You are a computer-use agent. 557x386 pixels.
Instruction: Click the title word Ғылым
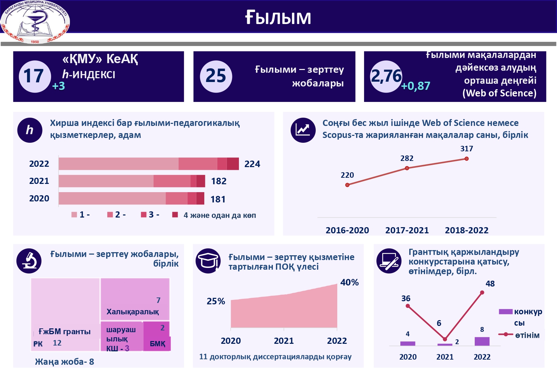coord(278,17)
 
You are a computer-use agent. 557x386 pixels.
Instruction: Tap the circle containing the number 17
coord(34,76)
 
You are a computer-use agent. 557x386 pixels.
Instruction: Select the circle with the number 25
coord(216,76)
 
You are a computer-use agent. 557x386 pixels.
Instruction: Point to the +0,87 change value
coord(415,86)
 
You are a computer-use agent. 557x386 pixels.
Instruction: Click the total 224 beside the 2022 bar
coord(252,164)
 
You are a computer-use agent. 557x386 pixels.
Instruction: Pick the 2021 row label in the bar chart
coord(39,181)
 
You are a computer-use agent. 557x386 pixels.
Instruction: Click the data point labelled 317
coord(467,159)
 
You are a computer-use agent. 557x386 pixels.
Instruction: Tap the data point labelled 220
coord(347,185)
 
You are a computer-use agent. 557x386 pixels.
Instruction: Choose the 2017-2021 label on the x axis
coord(407,230)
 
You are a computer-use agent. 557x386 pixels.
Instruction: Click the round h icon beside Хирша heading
coord(30,130)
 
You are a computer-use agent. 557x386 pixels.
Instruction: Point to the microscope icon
coord(29,261)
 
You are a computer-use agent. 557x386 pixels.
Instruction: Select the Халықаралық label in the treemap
coord(133,312)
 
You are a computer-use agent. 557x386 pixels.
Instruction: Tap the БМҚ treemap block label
coord(157,344)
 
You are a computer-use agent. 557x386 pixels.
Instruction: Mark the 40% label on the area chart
coord(349,282)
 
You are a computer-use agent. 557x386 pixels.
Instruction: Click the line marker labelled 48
coord(482,293)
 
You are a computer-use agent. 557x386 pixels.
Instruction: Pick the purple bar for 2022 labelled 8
coord(482,341)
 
